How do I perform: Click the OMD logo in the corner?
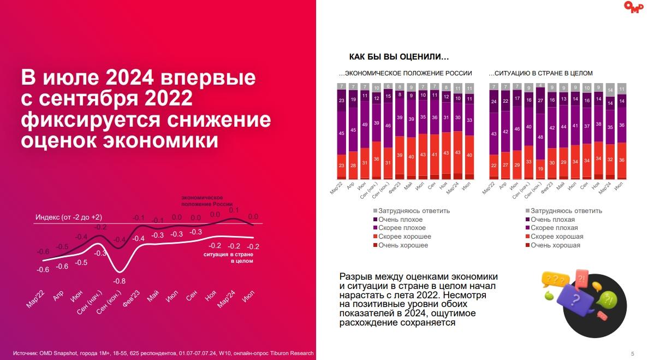[x=633, y=7]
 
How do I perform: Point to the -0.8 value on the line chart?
[x=120, y=281]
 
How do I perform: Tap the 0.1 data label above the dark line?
[x=234, y=210]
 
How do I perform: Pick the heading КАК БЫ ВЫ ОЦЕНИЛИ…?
[x=399, y=57]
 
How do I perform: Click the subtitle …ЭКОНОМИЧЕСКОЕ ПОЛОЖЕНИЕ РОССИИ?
[x=406, y=73]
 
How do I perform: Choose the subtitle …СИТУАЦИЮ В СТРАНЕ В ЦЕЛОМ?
[x=541, y=73]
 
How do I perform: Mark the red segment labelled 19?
[x=540, y=169]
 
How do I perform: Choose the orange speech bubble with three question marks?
[x=552, y=280]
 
